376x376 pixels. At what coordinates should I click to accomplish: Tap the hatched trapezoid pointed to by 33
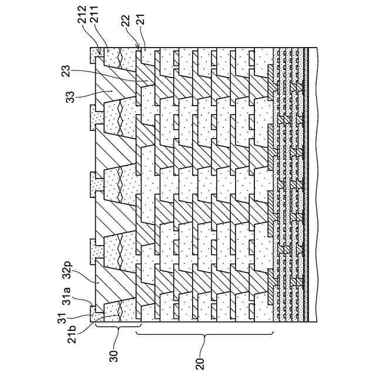click(x=117, y=82)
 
